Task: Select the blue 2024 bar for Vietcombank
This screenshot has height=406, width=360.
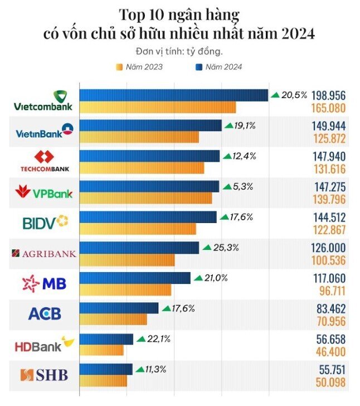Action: click(x=173, y=95)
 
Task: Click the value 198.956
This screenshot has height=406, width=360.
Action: click(x=328, y=95)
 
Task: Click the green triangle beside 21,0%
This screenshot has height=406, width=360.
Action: click(x=197, y=278)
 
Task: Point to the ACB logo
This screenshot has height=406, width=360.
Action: click(x=44, y=314)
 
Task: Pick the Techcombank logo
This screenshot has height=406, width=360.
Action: click(x=45, y=161)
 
